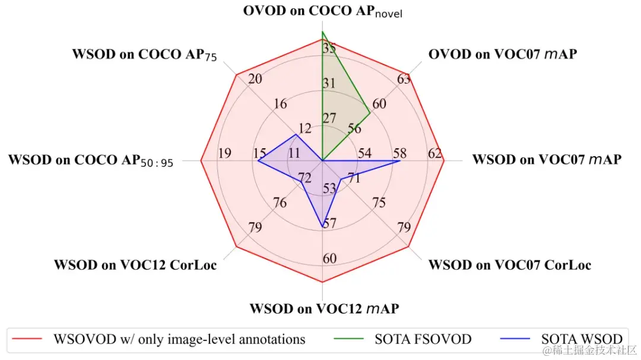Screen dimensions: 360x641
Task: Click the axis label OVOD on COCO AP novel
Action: click(x=322, y=11)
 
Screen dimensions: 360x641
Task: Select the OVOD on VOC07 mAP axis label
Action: click(x=503, y=55)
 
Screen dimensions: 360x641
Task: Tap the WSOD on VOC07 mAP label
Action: click(x=546, y=160)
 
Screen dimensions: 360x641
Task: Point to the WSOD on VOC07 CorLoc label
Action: click(x=510, y=265)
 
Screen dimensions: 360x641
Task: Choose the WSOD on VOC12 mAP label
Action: click(x=324, y=309)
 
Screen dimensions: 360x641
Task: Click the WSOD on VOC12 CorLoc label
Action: click(x=135, y=265)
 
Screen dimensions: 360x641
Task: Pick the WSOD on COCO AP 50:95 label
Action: click(x=91, y=161)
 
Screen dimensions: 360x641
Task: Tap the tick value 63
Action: click(x=404, y=79)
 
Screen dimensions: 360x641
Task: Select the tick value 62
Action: click(x=435, y=154)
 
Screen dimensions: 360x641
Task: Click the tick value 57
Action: click(x=329, y=224)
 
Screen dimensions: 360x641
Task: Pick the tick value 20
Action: click(x=256, y=79)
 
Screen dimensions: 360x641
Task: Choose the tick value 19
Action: click(x=224, y=154)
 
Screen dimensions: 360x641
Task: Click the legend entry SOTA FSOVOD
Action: click(x=423, y=339)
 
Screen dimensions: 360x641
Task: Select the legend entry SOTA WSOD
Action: click(x=582, y=339)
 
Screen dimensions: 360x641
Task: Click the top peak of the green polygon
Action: click(x=322, y=31)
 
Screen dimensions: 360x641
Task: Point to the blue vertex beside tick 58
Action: click(x=399, y=160)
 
